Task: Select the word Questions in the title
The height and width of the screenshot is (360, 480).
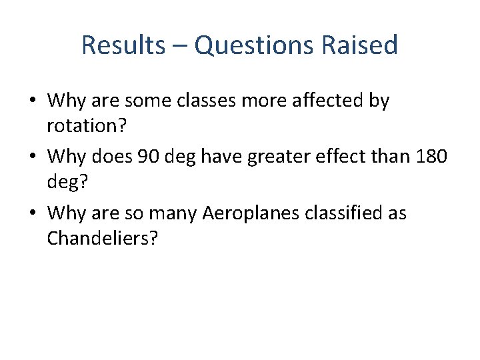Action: pos(251,45)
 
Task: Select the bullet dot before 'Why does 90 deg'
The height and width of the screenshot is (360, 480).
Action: pos(32,158)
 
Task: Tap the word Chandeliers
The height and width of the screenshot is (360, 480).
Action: pos(102,239)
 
